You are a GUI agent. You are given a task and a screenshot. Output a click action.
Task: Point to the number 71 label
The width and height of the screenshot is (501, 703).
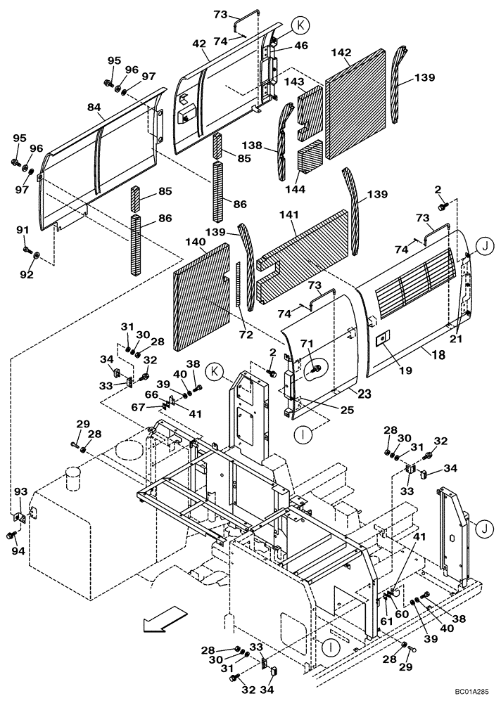(307, 342)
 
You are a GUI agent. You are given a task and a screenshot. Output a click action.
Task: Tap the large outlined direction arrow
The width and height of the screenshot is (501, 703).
(160, 622)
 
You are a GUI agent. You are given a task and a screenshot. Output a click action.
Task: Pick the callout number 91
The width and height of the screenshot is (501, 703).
(23, 229)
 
